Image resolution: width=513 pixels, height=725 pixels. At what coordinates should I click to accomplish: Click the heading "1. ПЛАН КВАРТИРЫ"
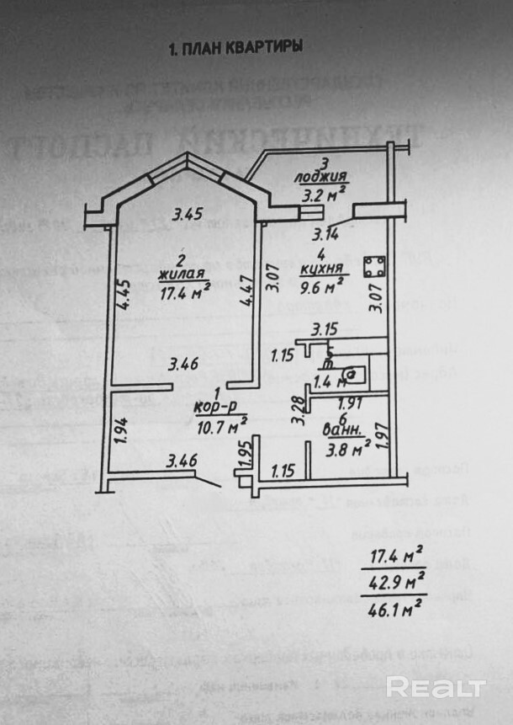coord(235,48)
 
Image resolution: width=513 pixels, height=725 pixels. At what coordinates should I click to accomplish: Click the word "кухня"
coord(323,269)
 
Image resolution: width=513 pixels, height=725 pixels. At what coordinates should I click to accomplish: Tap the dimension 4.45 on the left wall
coord(124,294)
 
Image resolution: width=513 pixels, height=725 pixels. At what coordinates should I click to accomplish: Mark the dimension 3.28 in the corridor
coord(297,409)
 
